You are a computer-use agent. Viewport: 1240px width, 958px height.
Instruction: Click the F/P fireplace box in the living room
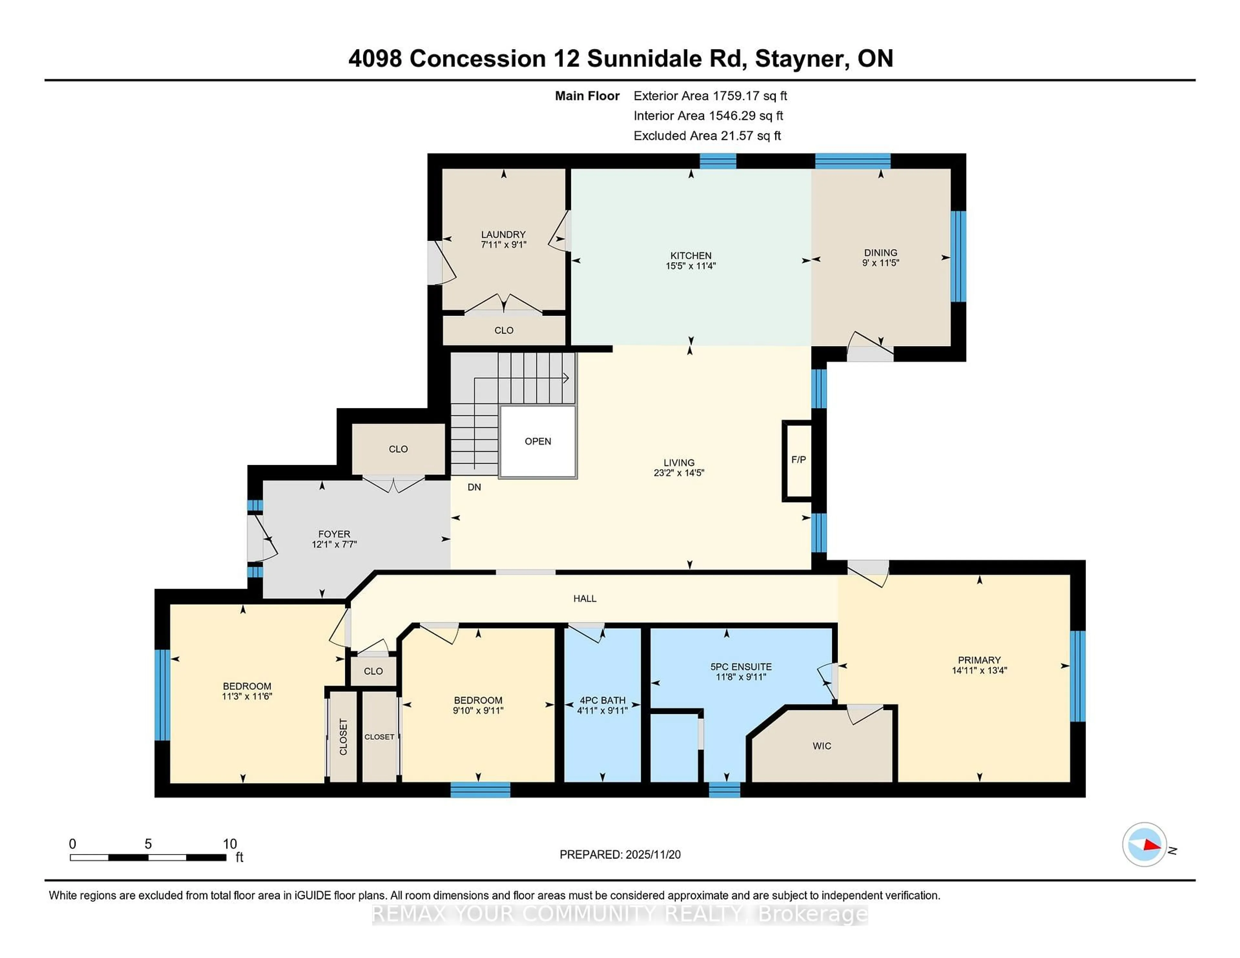coord(798,460)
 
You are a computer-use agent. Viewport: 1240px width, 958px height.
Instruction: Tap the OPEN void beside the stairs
coord(538,442)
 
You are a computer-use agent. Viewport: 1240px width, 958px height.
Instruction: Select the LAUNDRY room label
coord(503,234)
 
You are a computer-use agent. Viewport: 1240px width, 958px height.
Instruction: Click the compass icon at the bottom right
coord(1144,844)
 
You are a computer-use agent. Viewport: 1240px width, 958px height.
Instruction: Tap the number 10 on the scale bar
coord(229,844)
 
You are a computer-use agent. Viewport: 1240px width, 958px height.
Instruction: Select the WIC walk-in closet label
coord(821,746)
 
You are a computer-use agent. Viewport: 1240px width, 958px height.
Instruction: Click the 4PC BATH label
coord(602,700)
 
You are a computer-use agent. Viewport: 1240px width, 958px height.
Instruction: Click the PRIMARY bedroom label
coord(979,660)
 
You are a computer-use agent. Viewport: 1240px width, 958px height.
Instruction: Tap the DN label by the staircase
coord(474,487)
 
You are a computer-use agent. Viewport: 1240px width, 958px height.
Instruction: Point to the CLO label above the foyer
coord(398,449)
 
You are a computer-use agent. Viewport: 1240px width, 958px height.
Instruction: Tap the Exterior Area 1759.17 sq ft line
coord(710,96)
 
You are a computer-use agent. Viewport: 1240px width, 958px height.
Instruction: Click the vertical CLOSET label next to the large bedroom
coord(343,737)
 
